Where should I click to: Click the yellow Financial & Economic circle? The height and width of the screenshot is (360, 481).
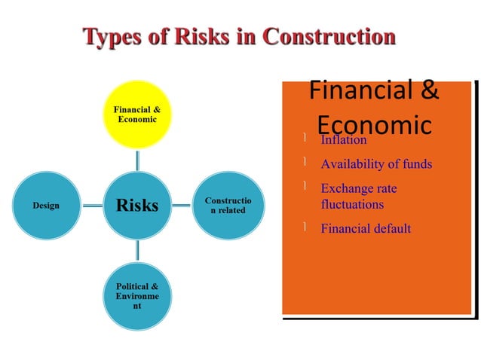[x=136, y=114]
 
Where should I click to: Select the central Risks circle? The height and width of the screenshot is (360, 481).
[x=137, y=205]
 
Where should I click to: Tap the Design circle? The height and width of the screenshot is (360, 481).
[x=46, y=205]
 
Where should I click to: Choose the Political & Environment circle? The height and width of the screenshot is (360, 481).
[x=137, y=296]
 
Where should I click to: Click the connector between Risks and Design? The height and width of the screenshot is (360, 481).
[x=93, y=205]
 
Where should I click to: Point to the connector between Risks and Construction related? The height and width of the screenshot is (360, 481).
[x=181, y=205]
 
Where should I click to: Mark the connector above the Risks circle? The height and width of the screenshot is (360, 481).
[x=137, y=159]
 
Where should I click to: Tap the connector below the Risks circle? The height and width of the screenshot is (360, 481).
[x=137, y=250]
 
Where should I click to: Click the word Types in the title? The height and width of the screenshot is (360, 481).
[x=115, y=36]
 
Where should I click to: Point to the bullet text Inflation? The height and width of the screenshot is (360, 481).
[x=344, y=140]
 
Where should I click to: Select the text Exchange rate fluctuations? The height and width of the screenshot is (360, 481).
[x=359, y=196]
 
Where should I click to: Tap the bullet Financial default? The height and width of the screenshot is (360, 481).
[x=366, y=228]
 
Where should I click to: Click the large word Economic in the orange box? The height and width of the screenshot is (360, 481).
[x=374, y=124]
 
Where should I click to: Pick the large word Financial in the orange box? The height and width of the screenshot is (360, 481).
[x=354, y=91]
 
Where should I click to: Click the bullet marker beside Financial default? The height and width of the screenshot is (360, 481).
[x=302, y=227]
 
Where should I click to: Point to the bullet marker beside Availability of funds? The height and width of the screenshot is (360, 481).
[x=302, y=163]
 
